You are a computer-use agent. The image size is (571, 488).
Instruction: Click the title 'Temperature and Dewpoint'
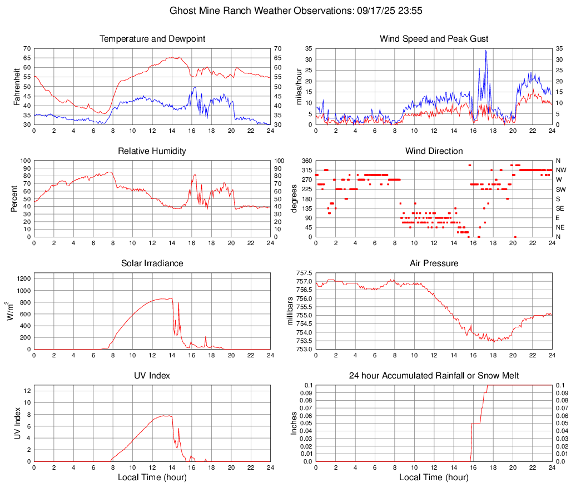(152, 39)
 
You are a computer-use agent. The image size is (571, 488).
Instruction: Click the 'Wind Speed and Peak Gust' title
(434, 39)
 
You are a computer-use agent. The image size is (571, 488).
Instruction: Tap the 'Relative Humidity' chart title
(152, 151)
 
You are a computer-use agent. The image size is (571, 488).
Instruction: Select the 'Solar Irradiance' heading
(152, 263)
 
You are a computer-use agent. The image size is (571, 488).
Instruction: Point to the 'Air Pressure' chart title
(434, 263)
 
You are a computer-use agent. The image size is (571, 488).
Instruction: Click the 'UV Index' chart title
(152, 376)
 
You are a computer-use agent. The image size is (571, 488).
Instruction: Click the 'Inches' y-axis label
(294, 424)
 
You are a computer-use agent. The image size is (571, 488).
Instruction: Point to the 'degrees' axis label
(295, 198)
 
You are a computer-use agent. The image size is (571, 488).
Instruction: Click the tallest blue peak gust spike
(486, 51)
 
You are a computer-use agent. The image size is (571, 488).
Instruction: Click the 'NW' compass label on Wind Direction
(561, 170)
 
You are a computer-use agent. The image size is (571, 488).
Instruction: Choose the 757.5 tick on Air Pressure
(304, 273)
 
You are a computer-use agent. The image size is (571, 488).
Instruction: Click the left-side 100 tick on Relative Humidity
(25, 161)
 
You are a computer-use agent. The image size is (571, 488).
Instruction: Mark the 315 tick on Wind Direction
(305, 170)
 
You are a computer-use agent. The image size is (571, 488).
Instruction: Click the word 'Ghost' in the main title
(182, 11)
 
